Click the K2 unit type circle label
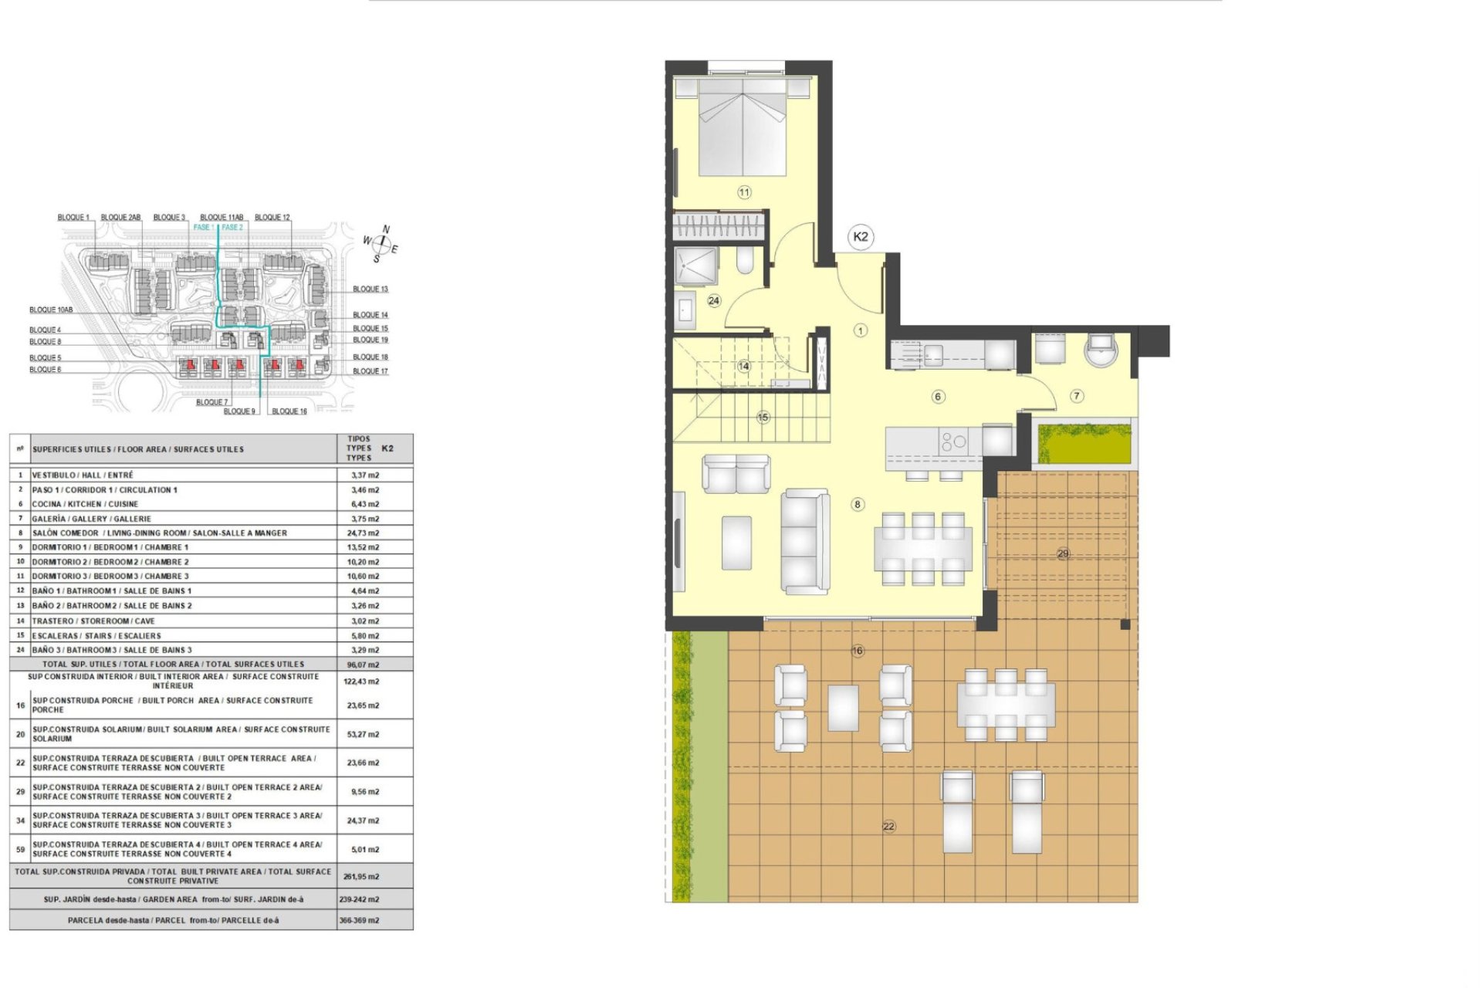click(860, 237)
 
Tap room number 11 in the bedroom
click(743, 192)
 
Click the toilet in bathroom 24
click(744, 262)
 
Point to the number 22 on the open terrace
click(888, 826)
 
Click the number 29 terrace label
click(1063, 553)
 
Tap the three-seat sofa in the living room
click(804, 540)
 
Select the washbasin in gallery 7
click(1101, 349)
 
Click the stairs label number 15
click(763, 418)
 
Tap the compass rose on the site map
click(381, 243)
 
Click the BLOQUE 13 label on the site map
click(370, 289)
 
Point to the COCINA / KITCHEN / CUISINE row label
click(85, 504)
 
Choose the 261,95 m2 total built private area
click(361, 877)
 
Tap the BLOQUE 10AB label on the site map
click(51, 310)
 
